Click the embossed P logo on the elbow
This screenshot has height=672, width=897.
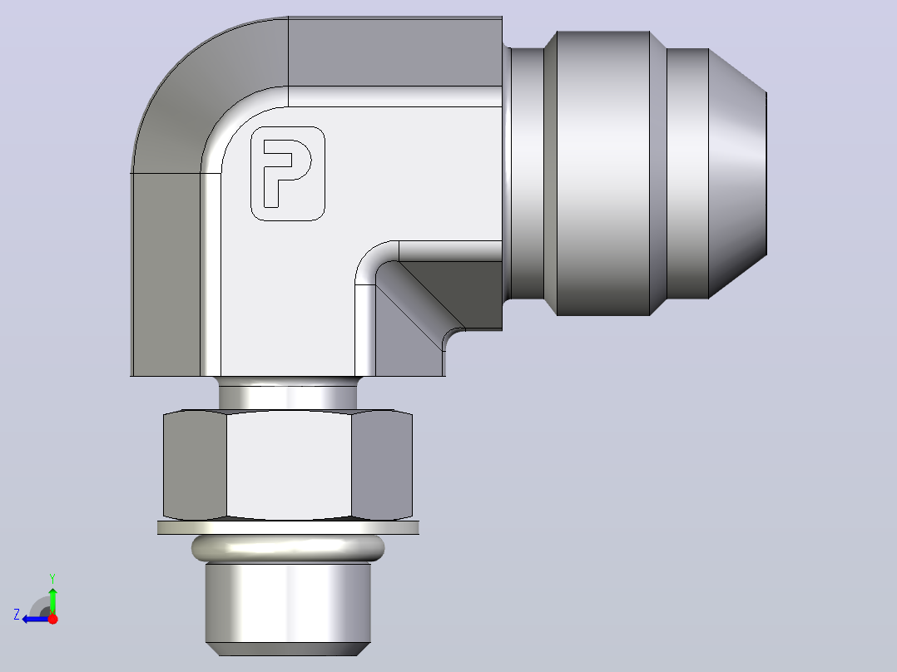[288, 173]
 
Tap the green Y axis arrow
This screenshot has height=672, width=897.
[52, 600]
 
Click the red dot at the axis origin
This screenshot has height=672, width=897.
[52, 619]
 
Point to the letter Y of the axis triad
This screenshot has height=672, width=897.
[52, 578]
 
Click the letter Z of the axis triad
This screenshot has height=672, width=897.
[17, 615]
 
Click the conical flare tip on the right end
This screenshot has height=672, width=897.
[737, 173]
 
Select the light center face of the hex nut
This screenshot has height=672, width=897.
[289, 464]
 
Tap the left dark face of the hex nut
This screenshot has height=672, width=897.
[195, 464]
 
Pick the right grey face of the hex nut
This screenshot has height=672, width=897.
[382, 464]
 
